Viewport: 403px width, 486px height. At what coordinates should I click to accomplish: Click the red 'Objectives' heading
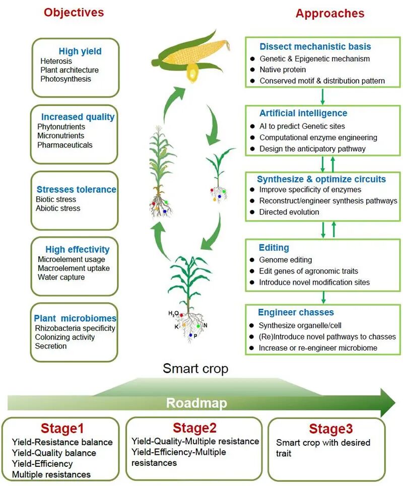click(74, 12)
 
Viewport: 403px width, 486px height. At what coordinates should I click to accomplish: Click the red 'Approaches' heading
click(330, 13)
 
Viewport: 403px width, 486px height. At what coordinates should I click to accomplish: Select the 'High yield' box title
click(80, 51)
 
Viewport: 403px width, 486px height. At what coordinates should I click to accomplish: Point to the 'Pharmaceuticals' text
click(65, 145)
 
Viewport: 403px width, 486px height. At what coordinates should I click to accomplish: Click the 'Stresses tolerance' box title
click(76, 189)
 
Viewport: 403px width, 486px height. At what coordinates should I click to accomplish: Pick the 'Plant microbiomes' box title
click(75, 318)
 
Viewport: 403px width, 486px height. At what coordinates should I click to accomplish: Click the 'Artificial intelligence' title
click(303, 113)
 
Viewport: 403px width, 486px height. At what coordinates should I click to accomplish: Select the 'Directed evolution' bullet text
click(289, 212)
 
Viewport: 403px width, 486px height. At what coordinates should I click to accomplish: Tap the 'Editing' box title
click(274, 247)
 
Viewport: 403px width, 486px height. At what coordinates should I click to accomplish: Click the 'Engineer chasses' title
click(296, 312)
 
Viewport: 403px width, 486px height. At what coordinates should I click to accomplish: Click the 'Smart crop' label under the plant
click(195, 368)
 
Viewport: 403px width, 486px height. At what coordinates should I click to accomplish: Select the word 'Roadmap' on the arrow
click(196, 403)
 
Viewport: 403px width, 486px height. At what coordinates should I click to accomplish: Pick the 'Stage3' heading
click(327, 429)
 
